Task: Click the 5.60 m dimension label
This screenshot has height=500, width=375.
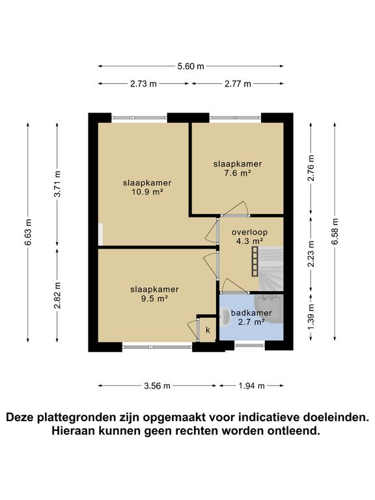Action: coord(191,66)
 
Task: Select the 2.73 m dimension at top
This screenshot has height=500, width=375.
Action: coord(143,83)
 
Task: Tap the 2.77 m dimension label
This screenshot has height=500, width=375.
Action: coord(238,83)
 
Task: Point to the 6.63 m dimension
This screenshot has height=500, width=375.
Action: coord(29,232)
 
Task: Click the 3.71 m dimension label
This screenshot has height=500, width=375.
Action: coord(57,184)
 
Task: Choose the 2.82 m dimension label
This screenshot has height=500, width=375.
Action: coord(57,294)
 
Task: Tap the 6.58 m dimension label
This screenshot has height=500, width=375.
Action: coord(335,231)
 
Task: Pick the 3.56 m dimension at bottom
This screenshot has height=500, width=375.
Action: coord(157,385)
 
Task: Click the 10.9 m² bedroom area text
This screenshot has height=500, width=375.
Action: coord(143,193)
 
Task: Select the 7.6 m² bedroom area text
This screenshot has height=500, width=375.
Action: coord(237,173)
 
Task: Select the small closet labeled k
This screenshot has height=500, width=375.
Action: coord(208,330)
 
